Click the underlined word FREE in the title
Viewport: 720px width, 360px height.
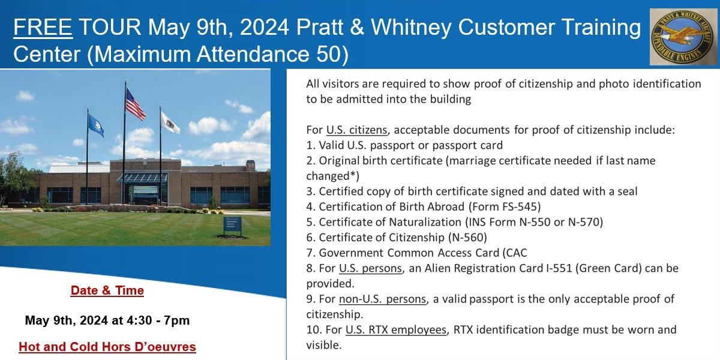point(43,27)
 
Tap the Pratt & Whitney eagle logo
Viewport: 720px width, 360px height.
point(683,37)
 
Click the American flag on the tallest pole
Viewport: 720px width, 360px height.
point(135,104)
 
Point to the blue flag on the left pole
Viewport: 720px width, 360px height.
point(95,125)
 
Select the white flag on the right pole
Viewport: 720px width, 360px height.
point(170,122)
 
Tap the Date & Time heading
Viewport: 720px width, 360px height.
point(107,290)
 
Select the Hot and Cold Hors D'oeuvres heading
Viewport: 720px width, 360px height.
point(107,347)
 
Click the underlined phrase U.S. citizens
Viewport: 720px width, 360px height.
point(357,130)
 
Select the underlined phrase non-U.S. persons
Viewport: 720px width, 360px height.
point(383,299)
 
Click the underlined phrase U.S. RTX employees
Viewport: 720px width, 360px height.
point(396,330)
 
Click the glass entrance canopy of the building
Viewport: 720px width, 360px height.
point(142,178)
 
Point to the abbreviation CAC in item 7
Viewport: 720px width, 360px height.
point(517,253)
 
